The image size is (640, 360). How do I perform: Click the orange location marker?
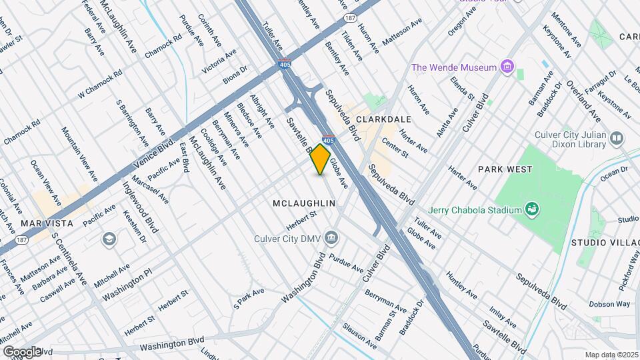[x=320, y=159]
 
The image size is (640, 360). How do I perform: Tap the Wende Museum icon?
[x=508, y=67]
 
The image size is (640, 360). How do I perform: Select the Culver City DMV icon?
[x=331, y=238]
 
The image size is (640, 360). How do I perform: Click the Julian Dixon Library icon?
[x=617, y=138]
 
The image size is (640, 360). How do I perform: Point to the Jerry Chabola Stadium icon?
[x=532, y=210]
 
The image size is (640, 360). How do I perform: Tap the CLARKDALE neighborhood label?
[x=383, y=119]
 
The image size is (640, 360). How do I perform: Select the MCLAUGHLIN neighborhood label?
[x=303, y=202]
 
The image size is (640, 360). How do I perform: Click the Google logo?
[x=21, y=351]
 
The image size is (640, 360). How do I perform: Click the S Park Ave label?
[x=249, y=299]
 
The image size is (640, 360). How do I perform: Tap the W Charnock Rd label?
[x=100, y=85]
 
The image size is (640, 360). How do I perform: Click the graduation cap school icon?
[x=107, y=239]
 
